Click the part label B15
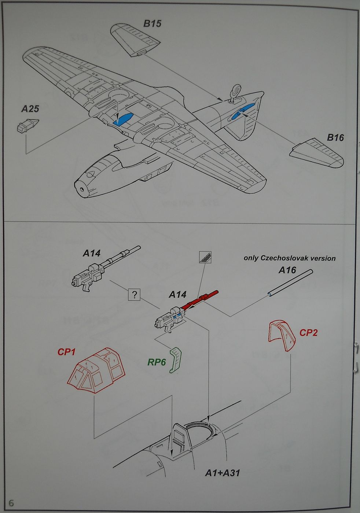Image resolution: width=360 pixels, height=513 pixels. pos(152,24)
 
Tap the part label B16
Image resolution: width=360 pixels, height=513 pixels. pos(335,138)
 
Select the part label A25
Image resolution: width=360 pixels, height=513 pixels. pos(30,109)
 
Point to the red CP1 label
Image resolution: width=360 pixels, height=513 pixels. pos(66,352)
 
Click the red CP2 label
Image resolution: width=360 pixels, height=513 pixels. pos(308,333)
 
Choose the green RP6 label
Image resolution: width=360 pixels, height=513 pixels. pos(157,363)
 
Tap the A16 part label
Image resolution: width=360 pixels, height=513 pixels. pos(287,270)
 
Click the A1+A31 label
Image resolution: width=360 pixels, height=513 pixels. pos(222,473)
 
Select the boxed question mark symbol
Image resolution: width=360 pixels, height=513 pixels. pos(135,295)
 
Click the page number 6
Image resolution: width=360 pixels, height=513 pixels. pos(12,503)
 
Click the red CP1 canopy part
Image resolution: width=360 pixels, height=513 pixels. pos(96,370)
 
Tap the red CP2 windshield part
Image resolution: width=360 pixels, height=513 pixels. pos(282,336)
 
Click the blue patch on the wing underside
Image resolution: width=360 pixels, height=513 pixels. pos(124,118)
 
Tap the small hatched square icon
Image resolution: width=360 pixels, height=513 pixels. pos(205,257)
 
